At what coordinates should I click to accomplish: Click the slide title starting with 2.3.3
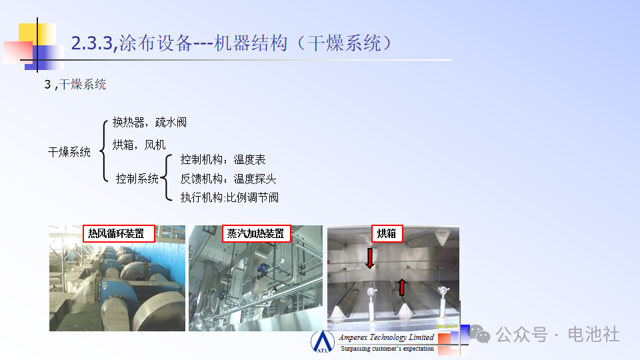coord(231,43)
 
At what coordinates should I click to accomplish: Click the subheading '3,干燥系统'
coord(75,85)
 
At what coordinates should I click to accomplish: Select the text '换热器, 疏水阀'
coord(149,122)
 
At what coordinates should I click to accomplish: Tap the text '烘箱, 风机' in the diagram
coord(139,145)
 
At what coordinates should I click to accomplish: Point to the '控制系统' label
coord(137,179)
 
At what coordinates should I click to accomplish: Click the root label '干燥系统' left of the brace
coord(69,152)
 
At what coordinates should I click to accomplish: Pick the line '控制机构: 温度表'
coord(223,159)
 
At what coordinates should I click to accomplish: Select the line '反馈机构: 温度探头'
coord(228,179)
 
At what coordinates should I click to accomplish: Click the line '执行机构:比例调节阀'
coord(229,197)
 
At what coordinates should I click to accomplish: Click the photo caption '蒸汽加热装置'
coord(256,233)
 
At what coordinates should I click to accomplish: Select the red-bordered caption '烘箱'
coord(387,233)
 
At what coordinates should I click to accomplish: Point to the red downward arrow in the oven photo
coord(370,259)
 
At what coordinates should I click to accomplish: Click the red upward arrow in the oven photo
coord(402,287)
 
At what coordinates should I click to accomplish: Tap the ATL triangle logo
coord(323,341)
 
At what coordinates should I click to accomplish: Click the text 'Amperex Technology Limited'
coord(386,337)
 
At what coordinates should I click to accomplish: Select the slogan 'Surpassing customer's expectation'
coord(387,349)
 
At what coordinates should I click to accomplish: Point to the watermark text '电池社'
coord(593,334)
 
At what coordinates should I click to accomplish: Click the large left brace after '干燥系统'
coord(104,151)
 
